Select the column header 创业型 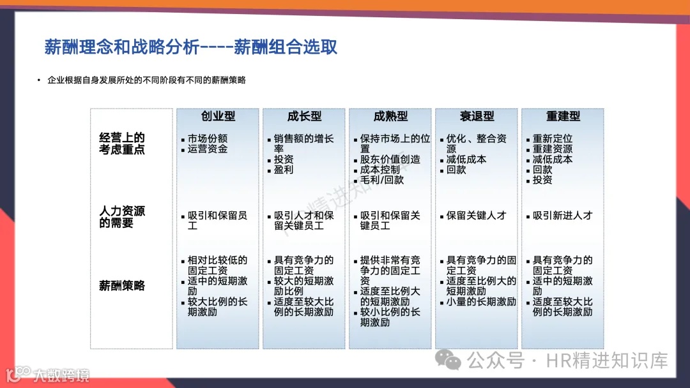(218, 116)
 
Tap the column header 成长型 (304, 116)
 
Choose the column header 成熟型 (390, 116)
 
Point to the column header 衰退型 (477, 116)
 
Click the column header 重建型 (563, 116)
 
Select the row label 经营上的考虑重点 (122, 144)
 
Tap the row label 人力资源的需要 (122, 216)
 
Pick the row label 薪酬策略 (122, 285)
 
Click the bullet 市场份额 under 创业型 (208, 138)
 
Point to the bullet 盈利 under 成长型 (284, 170)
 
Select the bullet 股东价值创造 (390, 160)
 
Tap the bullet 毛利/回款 (381, 180)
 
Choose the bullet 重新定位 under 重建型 (553, 138)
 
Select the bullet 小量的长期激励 (480, 301)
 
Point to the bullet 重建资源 (553, 149)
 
